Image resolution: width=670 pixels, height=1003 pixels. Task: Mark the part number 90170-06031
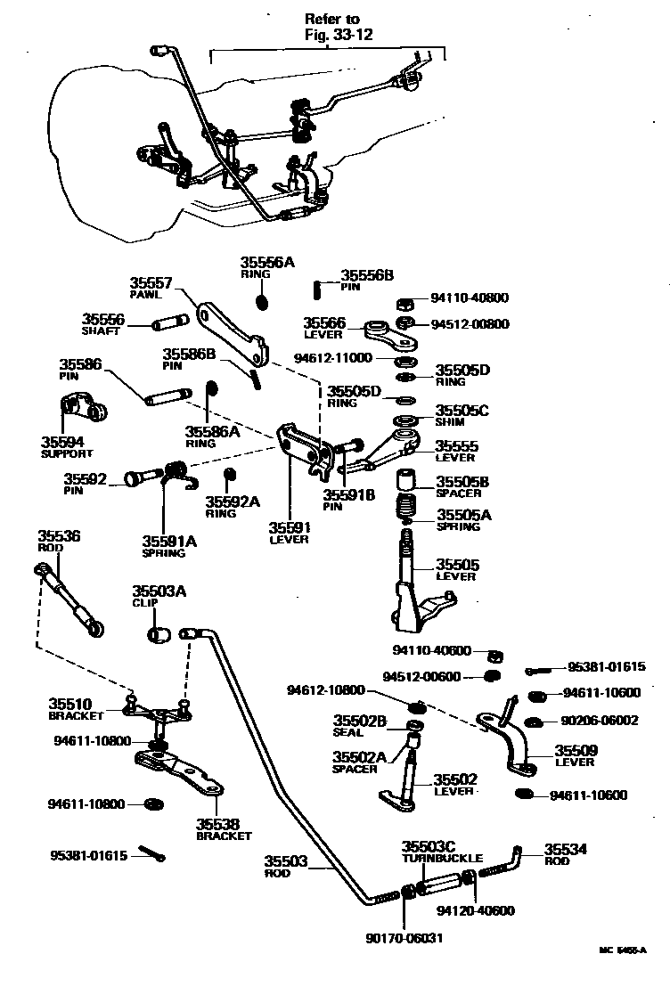click(x=404, y=938)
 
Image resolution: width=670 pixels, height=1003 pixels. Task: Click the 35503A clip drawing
click(x=159, y=634)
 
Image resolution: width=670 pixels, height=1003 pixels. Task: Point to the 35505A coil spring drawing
click(x=407, y=514)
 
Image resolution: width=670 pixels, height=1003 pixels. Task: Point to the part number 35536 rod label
click(x=59, y=535)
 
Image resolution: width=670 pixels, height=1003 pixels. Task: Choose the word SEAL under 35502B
click(x=348, y=733)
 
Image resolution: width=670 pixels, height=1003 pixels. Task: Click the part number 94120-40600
click(x=476, y=911)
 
